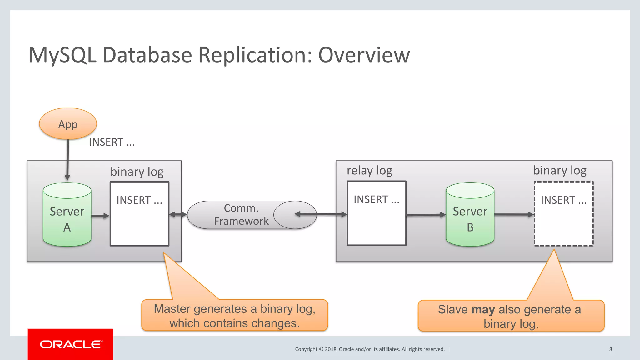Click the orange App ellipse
[x=68, y=124]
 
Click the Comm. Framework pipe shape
[x=241, y=215]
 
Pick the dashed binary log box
[x=563, y=225]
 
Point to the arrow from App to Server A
[x=67, y=159]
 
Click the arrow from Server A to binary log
[x=100, y=216]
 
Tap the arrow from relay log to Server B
[x=426, y=215]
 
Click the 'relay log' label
[x=369, y=171]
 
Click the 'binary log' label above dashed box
[x=560, y=171]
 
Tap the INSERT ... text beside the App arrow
[x=112, y=142]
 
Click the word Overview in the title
[x=364, y=55]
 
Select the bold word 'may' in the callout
[x=483, y=309]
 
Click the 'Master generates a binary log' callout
[x=234, y=316]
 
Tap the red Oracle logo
[x=70, y=344]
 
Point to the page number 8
[x=610, y=349]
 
